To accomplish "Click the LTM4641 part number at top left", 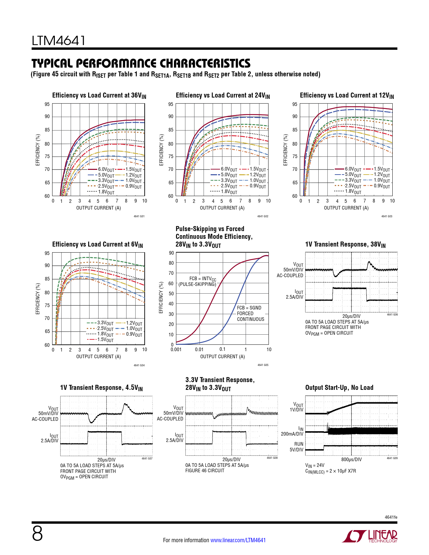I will (59, 41).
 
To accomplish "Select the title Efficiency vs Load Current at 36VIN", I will (99, 96).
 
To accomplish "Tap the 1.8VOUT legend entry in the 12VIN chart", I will (353, 191).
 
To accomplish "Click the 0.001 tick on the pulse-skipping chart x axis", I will (176, 349).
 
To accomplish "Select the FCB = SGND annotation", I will (249, 308).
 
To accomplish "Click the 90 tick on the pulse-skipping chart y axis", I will (171, 253).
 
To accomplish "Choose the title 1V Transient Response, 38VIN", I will (345, 245).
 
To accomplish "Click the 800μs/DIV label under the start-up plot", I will (351, 459).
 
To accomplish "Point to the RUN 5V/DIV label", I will (296, 447).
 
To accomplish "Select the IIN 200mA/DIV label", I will (292, 431).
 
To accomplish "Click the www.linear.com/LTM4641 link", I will (238, 540).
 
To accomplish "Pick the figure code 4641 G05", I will (263, 365).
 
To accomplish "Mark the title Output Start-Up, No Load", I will (339, 387).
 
